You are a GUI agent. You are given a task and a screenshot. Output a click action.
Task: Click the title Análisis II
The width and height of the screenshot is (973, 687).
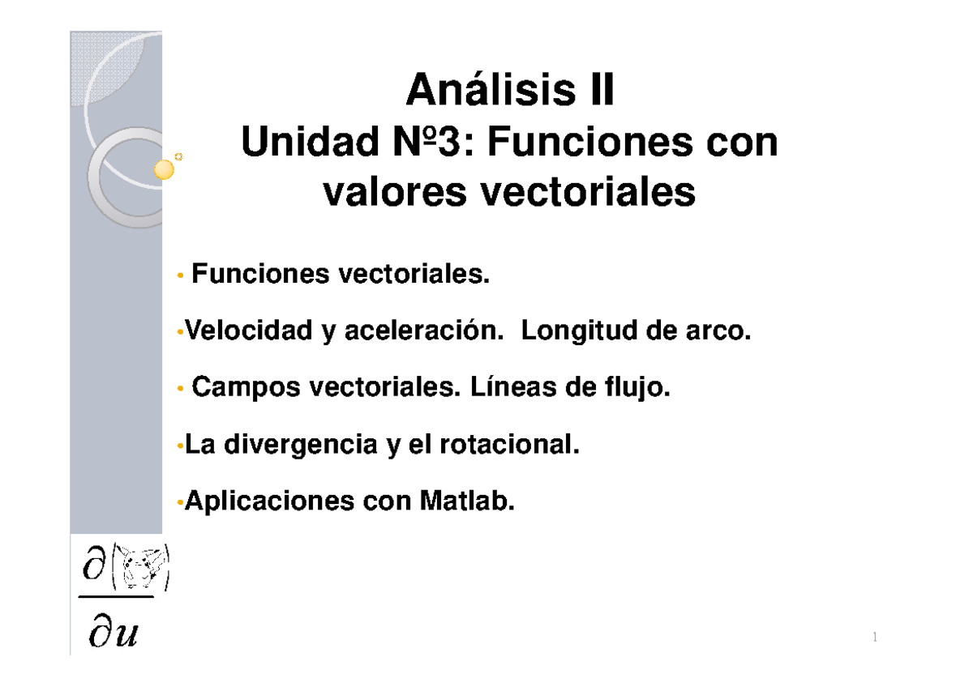(510, 91)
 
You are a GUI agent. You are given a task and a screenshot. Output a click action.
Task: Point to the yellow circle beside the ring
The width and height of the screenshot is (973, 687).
(165, 170)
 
